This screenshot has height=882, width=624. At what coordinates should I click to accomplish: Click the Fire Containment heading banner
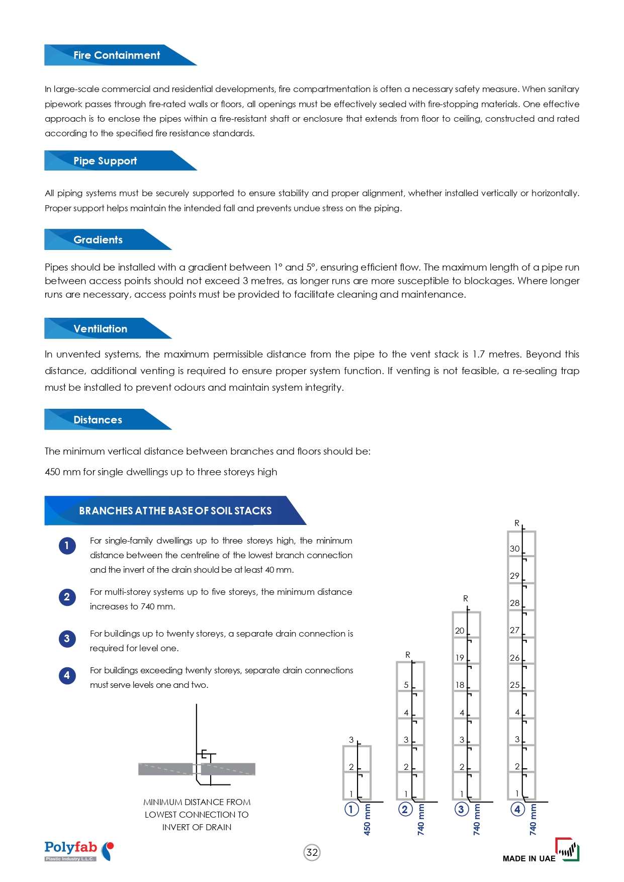pos(117,55)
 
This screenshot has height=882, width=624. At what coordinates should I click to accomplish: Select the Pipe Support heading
pos(105,161)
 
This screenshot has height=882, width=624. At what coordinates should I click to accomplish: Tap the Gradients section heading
pos(98,240)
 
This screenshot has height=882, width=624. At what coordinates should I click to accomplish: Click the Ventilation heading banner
pos(100,329)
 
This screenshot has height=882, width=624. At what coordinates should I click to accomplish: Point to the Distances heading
pos(98,420)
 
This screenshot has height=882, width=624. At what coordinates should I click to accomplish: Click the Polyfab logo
pos(79,851)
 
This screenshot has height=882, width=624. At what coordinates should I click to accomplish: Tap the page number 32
pos(312,852)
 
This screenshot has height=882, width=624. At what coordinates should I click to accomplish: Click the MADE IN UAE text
pos(529,858)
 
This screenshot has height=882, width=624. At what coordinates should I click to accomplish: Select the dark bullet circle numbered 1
pos(67,546)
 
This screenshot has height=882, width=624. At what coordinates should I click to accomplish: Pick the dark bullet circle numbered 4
pos(67,675)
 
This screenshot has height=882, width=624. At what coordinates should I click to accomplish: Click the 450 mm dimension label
pos(367,820)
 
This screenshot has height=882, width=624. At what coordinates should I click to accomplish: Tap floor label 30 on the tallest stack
pos(514,549)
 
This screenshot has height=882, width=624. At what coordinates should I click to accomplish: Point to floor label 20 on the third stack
pos(460,631)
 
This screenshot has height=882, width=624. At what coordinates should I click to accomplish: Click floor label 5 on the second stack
pos(406,685)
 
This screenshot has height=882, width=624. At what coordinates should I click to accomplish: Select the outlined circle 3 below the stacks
pos(461,809)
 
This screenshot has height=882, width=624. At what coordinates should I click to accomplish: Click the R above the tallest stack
pos(516,523)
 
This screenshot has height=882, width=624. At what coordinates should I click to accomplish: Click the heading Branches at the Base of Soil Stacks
pos(175,511)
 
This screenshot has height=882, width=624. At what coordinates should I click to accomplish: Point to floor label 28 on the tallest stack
pos(514,603)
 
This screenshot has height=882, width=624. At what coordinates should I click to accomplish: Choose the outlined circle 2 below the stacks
pos(405,809)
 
